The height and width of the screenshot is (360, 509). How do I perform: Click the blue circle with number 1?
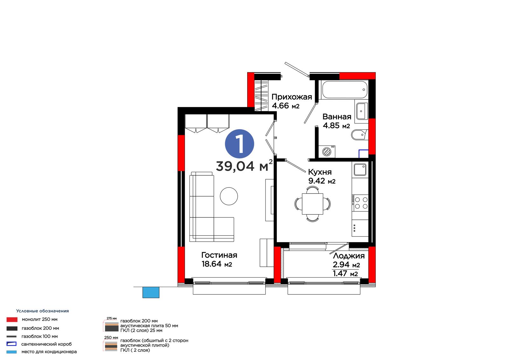pyautogui.click(x=239, y=144)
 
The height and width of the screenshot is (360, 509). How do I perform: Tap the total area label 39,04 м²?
pyautogui.click(x=244, y=165)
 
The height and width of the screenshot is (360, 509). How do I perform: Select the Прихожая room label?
pyautogui.click(x=291, y=97)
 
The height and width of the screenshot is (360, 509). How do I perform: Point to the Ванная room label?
pyautogui.click(x=337, y=117)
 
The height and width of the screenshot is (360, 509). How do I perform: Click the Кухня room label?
pyautogui.click(x=320, y=172)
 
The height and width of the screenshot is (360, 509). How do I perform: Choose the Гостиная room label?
pyautogui.click(x=219, y=255)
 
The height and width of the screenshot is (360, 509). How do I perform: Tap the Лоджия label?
pyautogui.click(x=349, y=256)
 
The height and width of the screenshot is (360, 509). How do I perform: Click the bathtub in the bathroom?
pyautogui.click(x=345, y=89)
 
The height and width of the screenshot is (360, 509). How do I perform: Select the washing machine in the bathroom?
pyautogui.click(x=327, y=152)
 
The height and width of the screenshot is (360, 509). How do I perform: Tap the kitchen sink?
pyautogui.click(x=360, y=169)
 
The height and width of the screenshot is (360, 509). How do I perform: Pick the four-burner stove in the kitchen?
pyautogui.click(x=360, y=203)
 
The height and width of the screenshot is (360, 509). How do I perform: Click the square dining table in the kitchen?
pyautogui.click(x=312, y=204)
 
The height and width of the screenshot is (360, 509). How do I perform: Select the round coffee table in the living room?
pyautogui.click(x=229, y=196)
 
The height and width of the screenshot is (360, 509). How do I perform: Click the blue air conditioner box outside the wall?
pyautogui.click(x=151, y=292)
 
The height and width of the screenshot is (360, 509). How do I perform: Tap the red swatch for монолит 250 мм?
pyautogui.click(x=12, y=320)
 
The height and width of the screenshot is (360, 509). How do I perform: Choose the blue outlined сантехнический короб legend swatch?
pyautogui.click(x=11, y=344)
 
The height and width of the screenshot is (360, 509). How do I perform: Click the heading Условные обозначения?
pyautogui.click(x=43, y=311)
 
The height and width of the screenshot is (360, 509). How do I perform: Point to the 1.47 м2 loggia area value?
pyautogui.click(x=345, y=273)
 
